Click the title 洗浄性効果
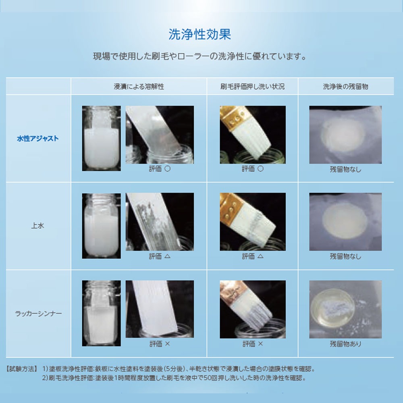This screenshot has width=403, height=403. tap(200, 35)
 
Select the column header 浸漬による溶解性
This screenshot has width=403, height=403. tap(139, 87)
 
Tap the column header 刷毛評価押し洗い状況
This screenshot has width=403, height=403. tap(252, 87)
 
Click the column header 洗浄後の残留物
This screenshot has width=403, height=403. tap(345, 87)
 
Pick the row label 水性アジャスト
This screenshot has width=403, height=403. tap(38, 138)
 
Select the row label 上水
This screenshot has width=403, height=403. tap(38, 226)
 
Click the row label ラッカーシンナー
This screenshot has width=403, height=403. tap(38, 313)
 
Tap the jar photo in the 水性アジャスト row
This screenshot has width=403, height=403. tap(101, 138)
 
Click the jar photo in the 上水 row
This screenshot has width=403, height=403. tap(101, 226)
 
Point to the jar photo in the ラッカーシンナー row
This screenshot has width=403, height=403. tap(101, 313)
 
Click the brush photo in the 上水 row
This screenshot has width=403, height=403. tap(253, 222)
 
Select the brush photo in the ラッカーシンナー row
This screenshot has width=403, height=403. tap(253, 309)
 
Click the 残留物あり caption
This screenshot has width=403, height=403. tap(345, 344)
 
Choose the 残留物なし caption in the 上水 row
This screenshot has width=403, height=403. tap(345, 256)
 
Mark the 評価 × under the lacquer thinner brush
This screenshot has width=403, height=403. tap(253, 344)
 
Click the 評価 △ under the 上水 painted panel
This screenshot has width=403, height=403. tap(160, 256)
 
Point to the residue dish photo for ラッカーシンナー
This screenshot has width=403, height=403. tap(345, 309)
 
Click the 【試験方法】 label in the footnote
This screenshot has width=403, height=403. tap(23, 369)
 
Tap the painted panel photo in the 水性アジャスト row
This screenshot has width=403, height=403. tap(160, 135)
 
